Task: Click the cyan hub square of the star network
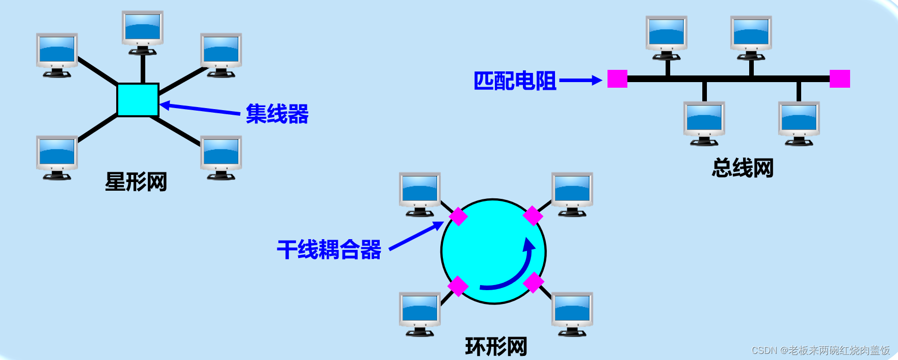(x=138, y=100)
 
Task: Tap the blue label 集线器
(x=277, y=114)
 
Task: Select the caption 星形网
(x=136, y=182)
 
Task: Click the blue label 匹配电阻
(x=515, y=81)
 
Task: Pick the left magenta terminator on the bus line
(x=617, y=79)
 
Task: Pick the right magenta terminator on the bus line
(x=839, y=79)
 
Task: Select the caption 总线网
(x=743, y=168)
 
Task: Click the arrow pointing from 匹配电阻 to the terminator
(x=580, y=80)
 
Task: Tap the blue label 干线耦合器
(x=329, y=250)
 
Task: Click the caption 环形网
(x=496, y=347)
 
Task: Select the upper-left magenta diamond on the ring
(x=458, y=216)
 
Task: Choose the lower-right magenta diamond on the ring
(x=534, y=282)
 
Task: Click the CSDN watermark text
(x=821, y=350)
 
